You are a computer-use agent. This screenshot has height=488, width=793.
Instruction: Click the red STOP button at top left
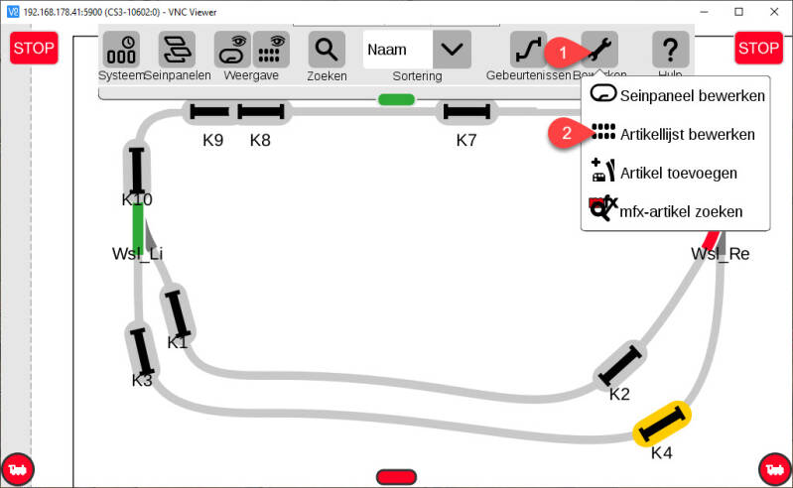(x=34, y=48)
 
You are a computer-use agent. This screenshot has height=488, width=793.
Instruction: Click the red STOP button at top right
(x=759, y=48)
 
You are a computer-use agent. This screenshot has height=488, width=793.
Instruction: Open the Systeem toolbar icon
(x=121, y=49)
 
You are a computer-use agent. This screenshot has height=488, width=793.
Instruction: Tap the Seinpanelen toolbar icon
(x=177, y=49)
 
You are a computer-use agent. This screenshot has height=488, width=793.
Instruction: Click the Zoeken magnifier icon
(x=326, y=49)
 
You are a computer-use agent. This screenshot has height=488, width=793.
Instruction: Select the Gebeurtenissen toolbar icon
(x=528, y=49)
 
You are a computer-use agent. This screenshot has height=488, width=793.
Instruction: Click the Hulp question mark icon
(x=670, y=49)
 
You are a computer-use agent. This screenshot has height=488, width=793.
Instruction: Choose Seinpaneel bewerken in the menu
(x=691, y=96)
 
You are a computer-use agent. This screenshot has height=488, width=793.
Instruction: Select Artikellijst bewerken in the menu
(x=687, y=134)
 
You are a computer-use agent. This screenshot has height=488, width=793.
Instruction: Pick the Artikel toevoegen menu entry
(x=678, y=173)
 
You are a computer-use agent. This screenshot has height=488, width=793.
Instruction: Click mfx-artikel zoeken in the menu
(x=680, y=210)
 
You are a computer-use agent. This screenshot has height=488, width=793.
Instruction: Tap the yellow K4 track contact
(x=662, y=425)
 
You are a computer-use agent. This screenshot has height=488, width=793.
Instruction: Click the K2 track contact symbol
(x=620, y=364)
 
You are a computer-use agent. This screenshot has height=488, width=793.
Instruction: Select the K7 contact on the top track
(x=466, y=113)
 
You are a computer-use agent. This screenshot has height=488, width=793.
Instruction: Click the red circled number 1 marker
(x=561, y=50)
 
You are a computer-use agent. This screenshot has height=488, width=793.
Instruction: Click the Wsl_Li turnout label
(x=137, y=254)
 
